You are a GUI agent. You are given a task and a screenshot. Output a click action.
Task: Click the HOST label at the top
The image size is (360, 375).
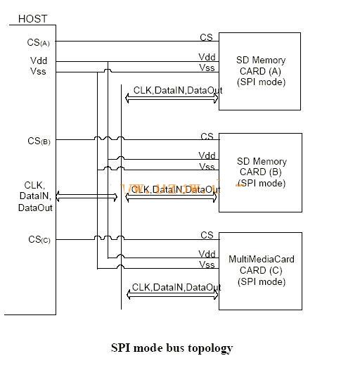[32, 19]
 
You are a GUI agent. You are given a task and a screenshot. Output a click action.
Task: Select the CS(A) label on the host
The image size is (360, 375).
[39, 43]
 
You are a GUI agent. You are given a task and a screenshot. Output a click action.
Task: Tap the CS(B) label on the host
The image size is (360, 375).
[39, 141]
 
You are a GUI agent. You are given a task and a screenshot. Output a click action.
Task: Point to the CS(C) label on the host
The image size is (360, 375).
[39, 240]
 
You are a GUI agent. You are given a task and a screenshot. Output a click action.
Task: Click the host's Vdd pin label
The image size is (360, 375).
[39, 61]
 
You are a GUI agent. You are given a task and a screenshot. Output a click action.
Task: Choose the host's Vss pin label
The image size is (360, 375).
[39, 71]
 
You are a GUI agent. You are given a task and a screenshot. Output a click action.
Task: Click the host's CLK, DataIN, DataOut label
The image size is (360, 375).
[35, 197]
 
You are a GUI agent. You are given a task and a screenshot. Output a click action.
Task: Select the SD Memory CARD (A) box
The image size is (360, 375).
[260, 70]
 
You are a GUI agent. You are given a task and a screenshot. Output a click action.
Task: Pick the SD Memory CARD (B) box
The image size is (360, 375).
[260, 172]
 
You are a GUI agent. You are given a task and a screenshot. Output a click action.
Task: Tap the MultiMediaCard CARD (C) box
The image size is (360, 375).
[260, 271]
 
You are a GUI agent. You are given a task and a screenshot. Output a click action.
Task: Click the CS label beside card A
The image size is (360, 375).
[206, 38]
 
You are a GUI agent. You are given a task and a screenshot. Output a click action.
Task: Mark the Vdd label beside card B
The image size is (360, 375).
[207, 155]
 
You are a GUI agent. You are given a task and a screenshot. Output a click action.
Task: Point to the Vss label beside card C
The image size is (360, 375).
[207, 265]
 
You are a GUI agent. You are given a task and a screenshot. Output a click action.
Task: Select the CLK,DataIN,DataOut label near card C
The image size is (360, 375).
[176, 287]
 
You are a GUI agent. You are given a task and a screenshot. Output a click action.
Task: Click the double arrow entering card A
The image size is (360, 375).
[172, 99]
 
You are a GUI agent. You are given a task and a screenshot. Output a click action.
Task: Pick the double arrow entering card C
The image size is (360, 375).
[172, 296]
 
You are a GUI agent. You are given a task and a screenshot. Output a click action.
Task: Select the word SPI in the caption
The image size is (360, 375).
[120, 348]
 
